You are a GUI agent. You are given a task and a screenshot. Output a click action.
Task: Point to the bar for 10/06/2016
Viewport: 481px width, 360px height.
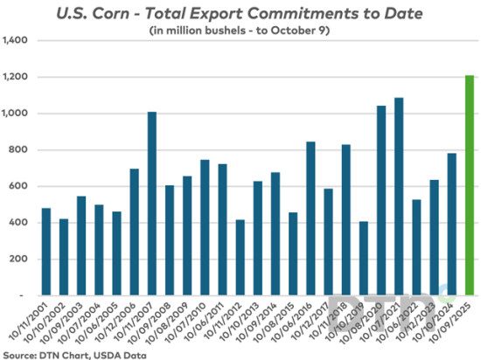click(x=310, y=218)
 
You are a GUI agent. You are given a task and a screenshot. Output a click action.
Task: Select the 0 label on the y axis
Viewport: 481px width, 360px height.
click(x=27, y=296)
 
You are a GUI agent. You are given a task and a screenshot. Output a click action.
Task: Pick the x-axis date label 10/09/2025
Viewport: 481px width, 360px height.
click(x=455, y=322)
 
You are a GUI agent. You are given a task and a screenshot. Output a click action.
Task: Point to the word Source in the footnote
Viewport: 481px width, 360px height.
click(x=18, y=353)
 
